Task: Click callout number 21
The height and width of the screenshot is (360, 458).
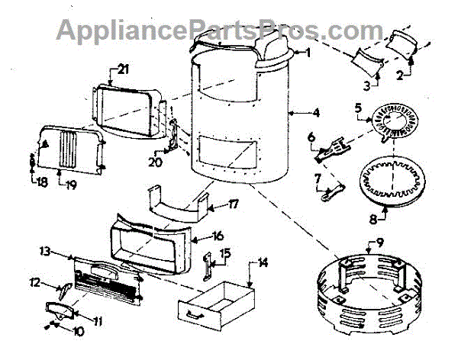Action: point(123,69)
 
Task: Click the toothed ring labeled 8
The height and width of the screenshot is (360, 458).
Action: point(388,183)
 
